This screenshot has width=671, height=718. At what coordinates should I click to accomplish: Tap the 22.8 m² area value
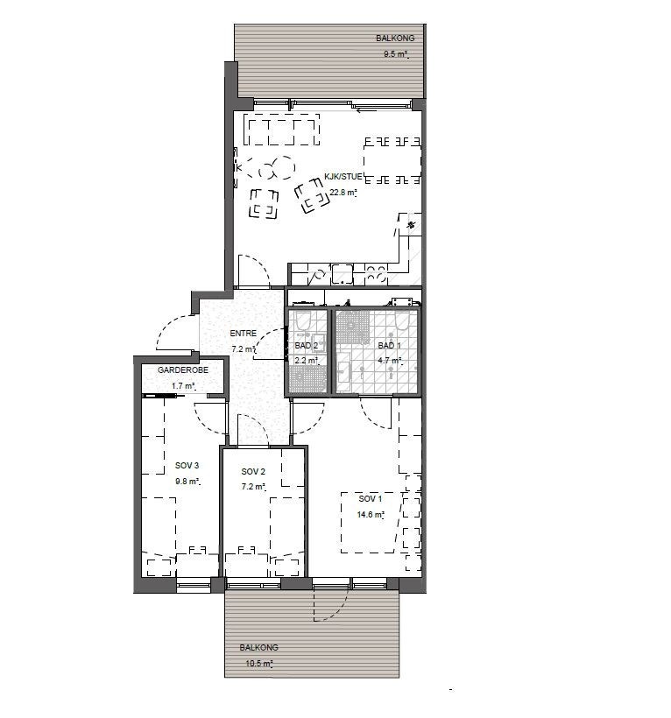[x=343, y=193]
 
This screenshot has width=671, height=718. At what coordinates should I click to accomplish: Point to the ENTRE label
[x=243, y=334]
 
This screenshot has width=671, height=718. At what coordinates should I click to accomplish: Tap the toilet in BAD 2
[x=304, y=323]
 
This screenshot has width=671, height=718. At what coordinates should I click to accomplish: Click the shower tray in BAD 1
[x=354, y=326]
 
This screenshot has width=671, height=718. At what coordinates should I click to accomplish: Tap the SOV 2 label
[x=253, y=471]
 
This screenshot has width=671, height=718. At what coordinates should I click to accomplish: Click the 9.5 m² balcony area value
[x=397, y=54]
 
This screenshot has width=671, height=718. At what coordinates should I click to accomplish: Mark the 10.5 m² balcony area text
[x=260, y=664]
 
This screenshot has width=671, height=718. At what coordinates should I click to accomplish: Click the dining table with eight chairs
[x=392, y=161]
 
